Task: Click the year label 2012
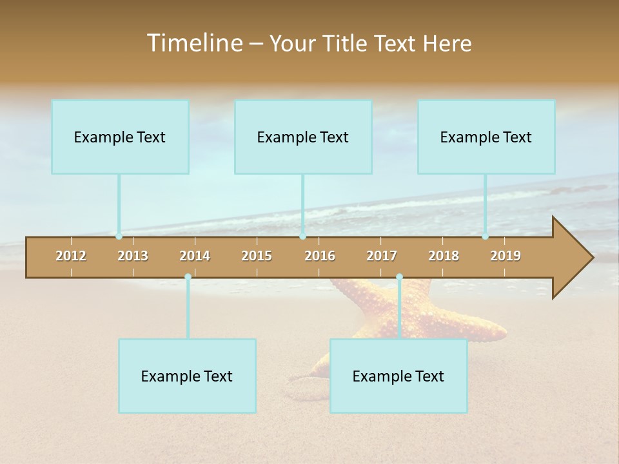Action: [x=71, y=256]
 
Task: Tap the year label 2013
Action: [x=133, y=256]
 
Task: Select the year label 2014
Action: [x=195, y=256]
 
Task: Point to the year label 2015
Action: [x=257, y=256]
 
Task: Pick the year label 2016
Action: [x=320, y=256]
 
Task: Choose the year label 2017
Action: [x=382, y=256]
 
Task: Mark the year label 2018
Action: [x=444, y=256]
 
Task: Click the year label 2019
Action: [x=506, y=256]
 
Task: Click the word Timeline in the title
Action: [x=193, y=43]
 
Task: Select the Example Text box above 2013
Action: [x=120, y=137]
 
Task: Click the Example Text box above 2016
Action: [x=303, y=137]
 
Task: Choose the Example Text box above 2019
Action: [x=486, y=137]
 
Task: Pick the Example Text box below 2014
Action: [x=187, y=376]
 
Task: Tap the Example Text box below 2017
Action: [x=398, y=376]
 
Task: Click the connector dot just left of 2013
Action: [x=119, y=237]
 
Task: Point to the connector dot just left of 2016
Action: [x=302, y=237]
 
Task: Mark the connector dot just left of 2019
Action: [x=486, y=237]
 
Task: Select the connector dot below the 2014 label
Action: [x=188, y=277]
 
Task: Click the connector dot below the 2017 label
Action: [x=399, y=277]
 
